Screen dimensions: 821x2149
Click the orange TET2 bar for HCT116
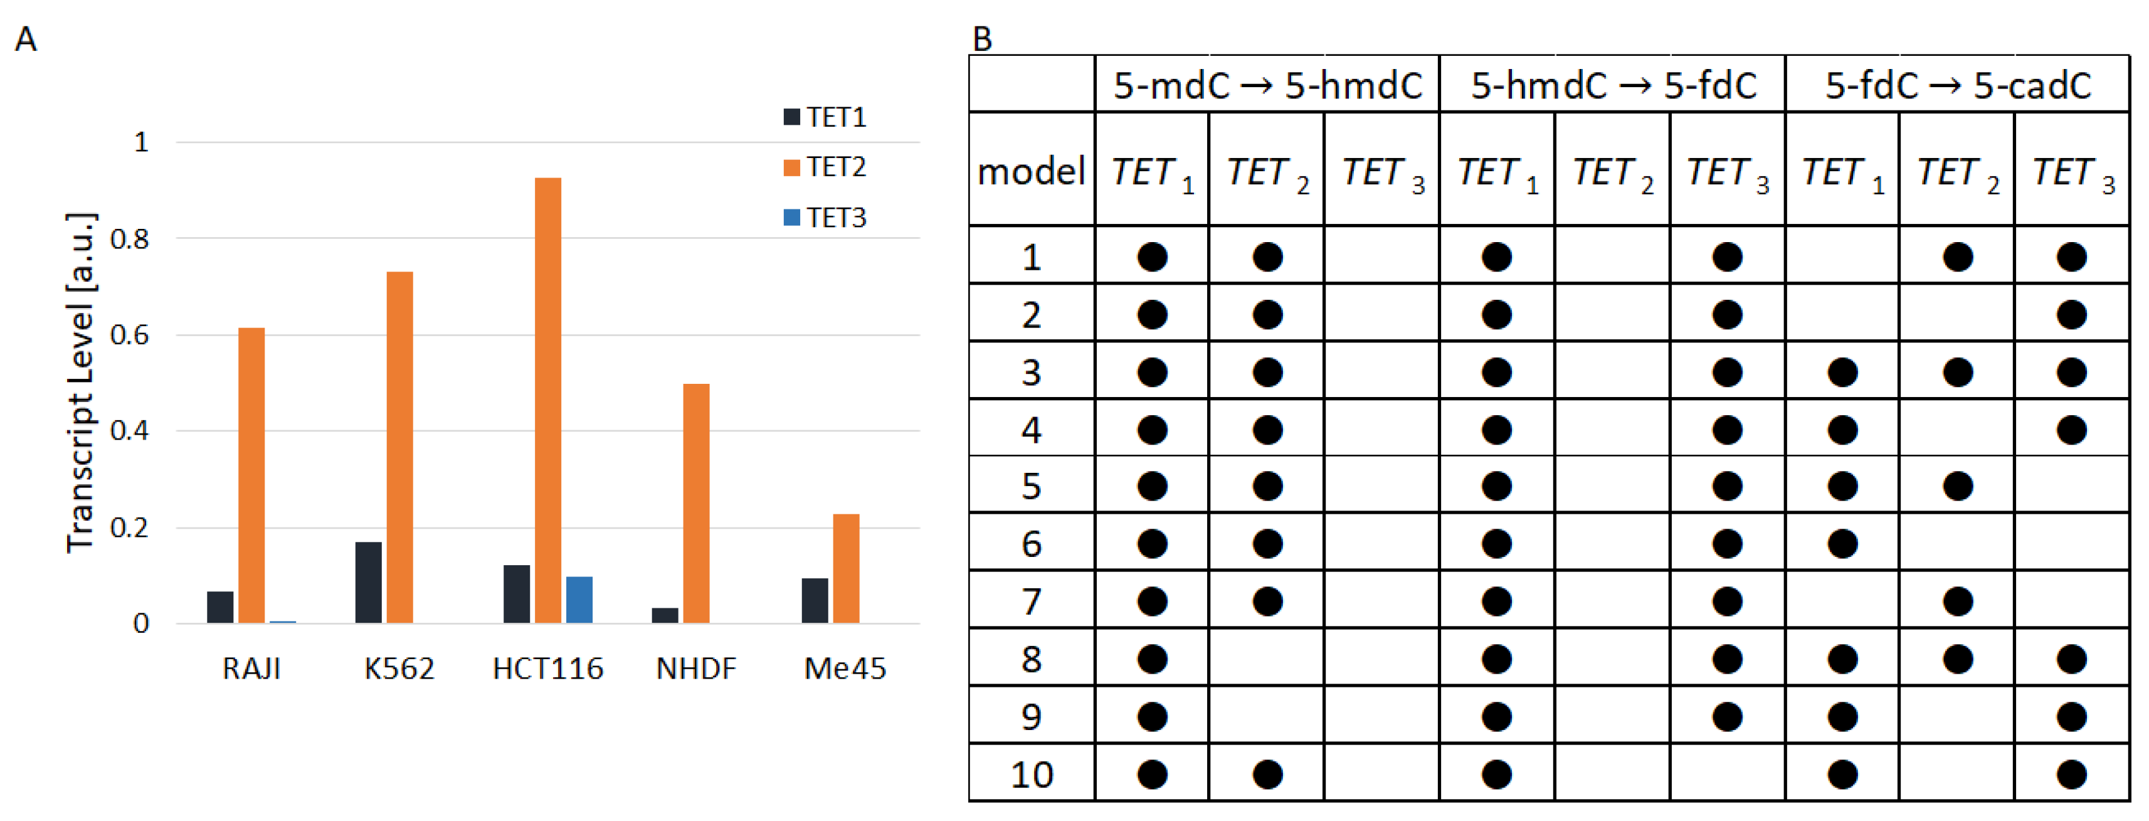[547, 401]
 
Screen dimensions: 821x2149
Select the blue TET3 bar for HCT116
[579, 599]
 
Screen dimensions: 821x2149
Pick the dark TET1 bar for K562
[368, 583]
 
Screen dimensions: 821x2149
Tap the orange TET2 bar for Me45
[845, 568]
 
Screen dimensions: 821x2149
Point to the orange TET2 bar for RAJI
[251, 475]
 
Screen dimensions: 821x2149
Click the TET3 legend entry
[825, 218]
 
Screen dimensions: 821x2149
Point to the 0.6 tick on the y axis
[129, 336]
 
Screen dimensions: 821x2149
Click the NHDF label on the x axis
[696, 669]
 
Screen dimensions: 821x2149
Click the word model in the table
[1030, 171]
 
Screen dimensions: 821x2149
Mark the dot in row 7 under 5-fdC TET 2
[1957, 601]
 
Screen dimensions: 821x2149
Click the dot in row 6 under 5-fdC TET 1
[1842, 544]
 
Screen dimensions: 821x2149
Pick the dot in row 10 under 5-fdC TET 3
[2071, 775]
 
